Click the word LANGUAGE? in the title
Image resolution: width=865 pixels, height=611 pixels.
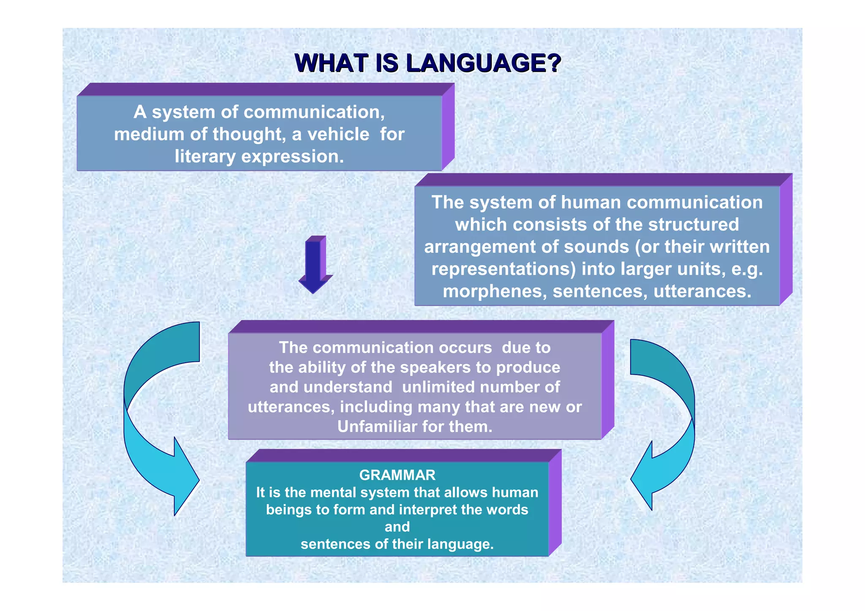[x=483, y=63]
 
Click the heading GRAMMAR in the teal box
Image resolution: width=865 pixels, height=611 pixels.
[x=397, y=475]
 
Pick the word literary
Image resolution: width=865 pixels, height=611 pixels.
[x=205, y=157]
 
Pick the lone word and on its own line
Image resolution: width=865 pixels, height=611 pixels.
[x=397, y=527]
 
